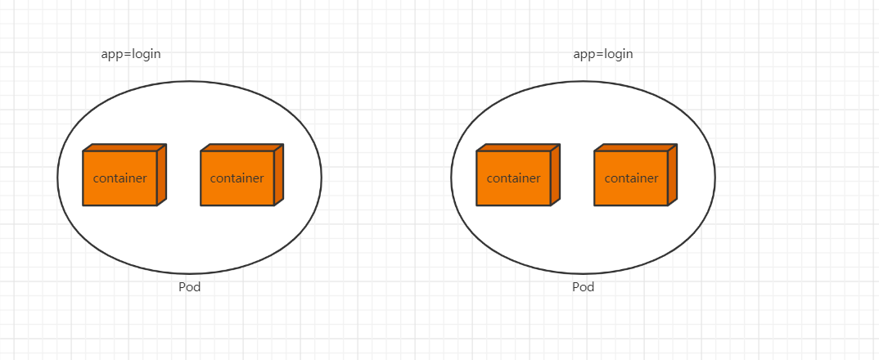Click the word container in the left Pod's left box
[x=119, y=178]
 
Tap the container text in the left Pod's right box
[x=237, y=178]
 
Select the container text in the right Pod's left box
[x=513, y=178]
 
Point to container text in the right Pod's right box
[x=631, y=178]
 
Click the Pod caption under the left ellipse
[x=189, y=287]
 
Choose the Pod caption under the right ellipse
[x=583, y=287]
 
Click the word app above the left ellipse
[x=110, y=55]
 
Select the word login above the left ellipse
[x=146, y=55]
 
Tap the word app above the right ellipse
[x=584, y=55]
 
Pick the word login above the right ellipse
[x=619, y=55]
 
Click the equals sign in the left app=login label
[x=126, y=55]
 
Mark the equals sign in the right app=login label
[x=599, y=55]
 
